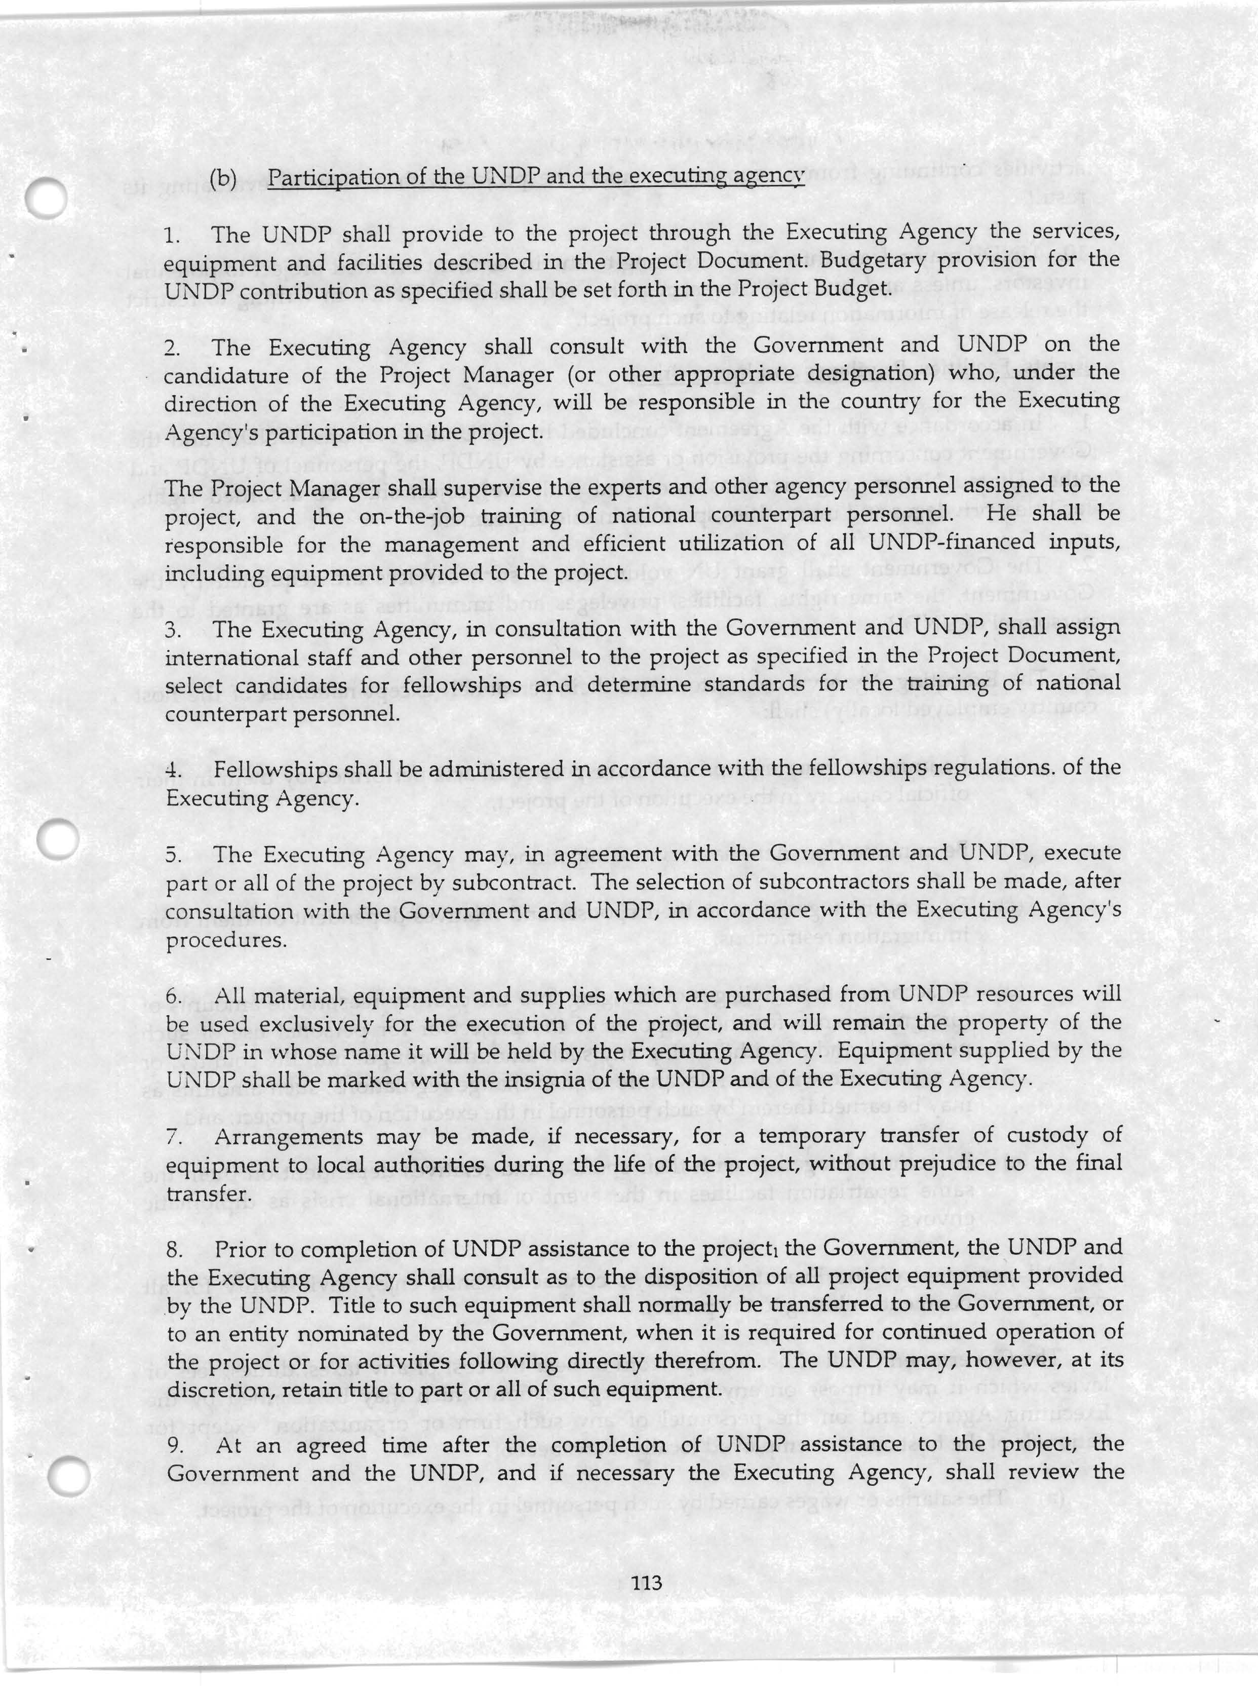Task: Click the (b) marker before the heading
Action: click(223, 178)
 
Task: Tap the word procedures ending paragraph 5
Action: click(226, 941)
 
